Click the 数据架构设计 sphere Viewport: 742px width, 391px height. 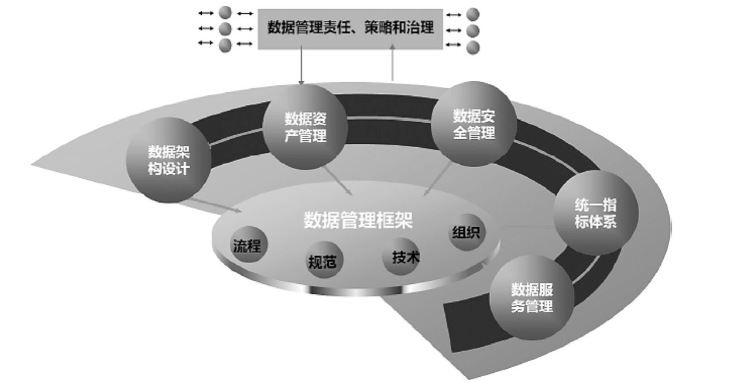click(168, 160)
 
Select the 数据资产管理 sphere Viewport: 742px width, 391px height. click(305, 127)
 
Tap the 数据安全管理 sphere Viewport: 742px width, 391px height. click(474, 124)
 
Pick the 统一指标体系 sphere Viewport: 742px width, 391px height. click(596, 213)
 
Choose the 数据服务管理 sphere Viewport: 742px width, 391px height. click(531, 298)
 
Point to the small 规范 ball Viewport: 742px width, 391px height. click(322, 261)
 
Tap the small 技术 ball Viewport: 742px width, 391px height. click(402, 257)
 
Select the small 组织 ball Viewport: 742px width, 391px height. click(466, 232)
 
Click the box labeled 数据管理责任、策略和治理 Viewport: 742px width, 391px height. click(350, 28)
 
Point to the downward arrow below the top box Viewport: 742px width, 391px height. click(301, 66)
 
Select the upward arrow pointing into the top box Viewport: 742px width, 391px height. click(393, 62)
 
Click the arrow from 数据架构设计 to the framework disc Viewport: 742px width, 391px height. click(214, 206)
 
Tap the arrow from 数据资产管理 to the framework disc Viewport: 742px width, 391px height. click(338, 181)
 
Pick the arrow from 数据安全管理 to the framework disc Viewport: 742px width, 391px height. click(438, 179)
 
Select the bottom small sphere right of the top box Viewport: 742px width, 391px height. click(473, 47)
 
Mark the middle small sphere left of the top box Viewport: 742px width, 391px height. click(225, 29)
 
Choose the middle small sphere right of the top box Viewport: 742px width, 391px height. click(473, 30)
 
